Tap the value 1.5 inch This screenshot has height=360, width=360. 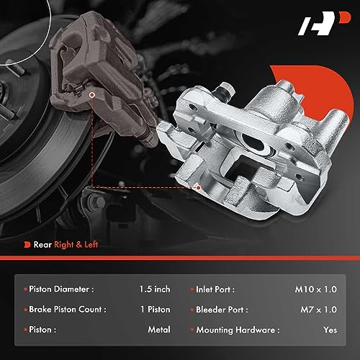click(x=154, y=289)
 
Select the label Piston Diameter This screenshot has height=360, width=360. click(x=61, y=289)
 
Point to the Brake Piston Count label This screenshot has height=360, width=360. click(x=68, y=309)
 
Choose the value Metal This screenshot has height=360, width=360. click(x=158, y=329)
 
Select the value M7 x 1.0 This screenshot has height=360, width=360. click(x=319, y=309)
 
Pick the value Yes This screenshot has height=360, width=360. click(x=329, y=329)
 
